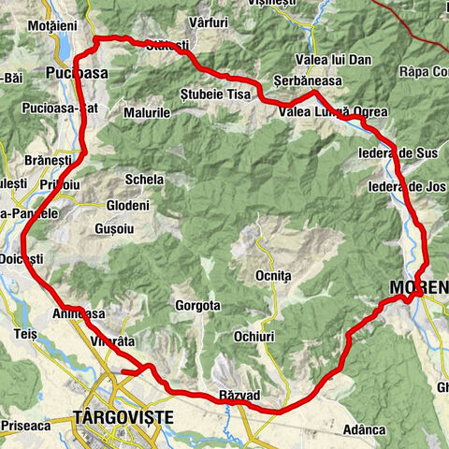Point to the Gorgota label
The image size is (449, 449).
point(197,305)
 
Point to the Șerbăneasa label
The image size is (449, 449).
point(297,80)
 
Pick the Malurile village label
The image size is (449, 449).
point(146,112)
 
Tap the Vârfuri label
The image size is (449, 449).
point(208,21)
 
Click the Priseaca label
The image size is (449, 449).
point(24,424)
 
